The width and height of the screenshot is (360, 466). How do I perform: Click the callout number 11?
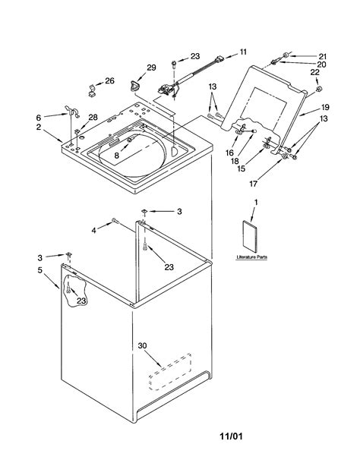tap(243, 52)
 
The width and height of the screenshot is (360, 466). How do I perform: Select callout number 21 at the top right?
tap(322, 55)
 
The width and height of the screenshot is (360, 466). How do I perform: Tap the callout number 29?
tap(150, 68)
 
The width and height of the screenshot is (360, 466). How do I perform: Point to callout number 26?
tap(109, 81)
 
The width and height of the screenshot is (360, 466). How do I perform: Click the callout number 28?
tap(92, 117)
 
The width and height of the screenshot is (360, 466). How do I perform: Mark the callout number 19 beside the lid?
tap(324, 108)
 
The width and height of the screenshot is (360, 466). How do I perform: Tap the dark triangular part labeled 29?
tap(135, 83)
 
